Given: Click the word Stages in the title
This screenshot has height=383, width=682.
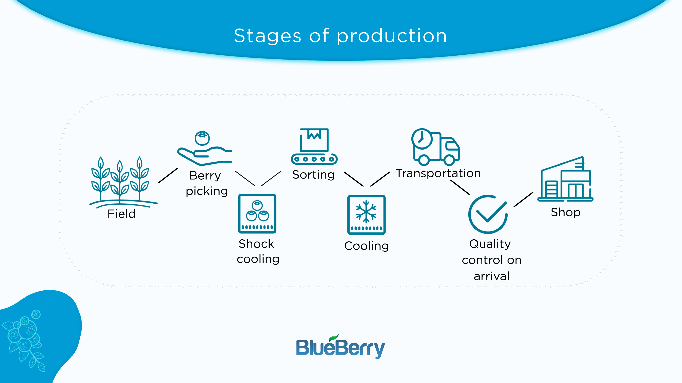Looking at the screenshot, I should (267, 36).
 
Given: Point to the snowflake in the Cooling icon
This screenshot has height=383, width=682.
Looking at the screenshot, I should (366, 212).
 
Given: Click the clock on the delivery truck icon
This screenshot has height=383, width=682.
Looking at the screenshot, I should (422, 139).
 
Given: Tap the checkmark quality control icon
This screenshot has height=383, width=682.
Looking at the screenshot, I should (488, 214).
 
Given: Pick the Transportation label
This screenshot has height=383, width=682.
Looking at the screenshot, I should (438, 173).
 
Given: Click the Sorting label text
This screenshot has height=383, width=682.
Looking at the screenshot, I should (313, 175).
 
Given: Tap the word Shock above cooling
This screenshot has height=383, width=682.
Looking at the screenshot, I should (256, 244).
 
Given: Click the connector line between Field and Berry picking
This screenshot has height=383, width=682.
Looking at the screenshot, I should (168, 175).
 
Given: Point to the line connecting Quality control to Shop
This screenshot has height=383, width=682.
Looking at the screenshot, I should (523, 199).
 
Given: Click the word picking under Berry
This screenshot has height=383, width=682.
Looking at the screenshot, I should (207, 191).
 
